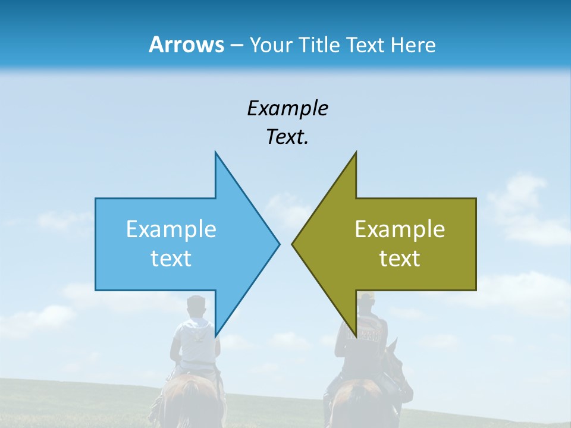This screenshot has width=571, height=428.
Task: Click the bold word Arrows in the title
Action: (186, 45)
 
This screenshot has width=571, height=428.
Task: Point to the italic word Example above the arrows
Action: (287, 108)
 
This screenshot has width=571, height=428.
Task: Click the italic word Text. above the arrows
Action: (287, 137)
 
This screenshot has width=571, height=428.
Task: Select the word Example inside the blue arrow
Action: (171, 229)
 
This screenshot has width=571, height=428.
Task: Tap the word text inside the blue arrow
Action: (171, 258)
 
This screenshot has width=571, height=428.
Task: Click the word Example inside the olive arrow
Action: (400, 229)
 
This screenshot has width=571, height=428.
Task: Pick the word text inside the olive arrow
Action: (400, 258)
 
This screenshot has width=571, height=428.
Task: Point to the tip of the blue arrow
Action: (278, 244)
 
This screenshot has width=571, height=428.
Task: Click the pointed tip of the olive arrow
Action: (293, 244)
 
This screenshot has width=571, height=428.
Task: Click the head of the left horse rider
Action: (195, 306)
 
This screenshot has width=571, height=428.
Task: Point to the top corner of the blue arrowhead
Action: (215, 153)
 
